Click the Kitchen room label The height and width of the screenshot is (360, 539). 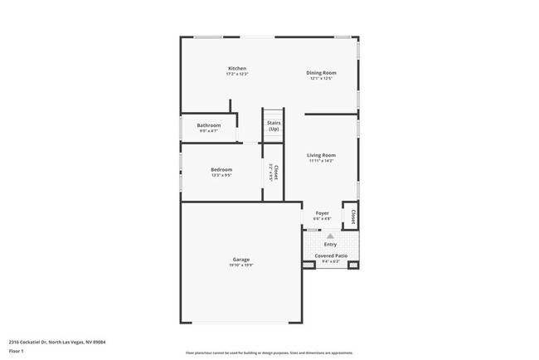point(237,68)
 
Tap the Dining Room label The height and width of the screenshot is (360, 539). point(322,72)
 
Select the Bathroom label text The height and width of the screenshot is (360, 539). point(208,125)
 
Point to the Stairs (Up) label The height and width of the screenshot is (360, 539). point(274,126)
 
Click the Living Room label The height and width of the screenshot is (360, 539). point(321,155)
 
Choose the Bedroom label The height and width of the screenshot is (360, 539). point(221,170)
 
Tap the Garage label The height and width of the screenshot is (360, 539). point(241,260)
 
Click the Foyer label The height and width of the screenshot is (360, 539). point(322,213)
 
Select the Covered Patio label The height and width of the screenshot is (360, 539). point(331,255)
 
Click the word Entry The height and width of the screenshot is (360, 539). point(330,244)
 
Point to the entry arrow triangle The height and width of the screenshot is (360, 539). point(330,236)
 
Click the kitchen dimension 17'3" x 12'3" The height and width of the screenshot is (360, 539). point(237,74)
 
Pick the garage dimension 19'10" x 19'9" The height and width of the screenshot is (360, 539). point(241,265)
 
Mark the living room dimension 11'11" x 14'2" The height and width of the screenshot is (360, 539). point(321,161)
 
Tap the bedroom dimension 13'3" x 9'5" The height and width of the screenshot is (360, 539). point(221,175)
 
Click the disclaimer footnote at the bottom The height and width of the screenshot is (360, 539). point(269,353)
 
